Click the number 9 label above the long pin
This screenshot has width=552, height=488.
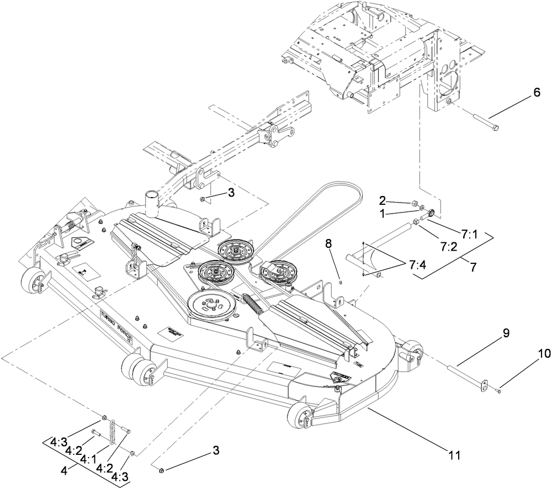(506, 333)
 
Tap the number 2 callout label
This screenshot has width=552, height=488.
(383, 199)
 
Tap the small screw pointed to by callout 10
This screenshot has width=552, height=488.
(498, 391)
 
